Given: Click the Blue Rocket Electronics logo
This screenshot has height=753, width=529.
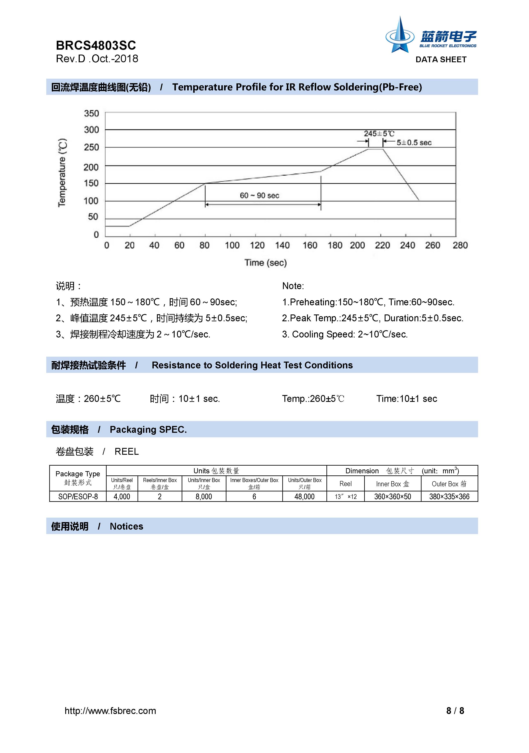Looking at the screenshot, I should [x=431, y=35].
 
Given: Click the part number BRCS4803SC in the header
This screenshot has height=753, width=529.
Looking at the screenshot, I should [x=96, y=45].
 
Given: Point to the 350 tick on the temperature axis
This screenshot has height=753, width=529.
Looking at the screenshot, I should [x=91, y=113].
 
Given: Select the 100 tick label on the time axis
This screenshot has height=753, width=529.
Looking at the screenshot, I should [x=232, y=245].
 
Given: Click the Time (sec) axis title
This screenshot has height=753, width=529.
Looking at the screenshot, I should [x=265, y=263].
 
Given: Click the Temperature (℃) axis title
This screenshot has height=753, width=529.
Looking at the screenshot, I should [x=62, y=173].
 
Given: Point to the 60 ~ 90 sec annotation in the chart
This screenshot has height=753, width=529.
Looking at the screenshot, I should [x=259, y=195].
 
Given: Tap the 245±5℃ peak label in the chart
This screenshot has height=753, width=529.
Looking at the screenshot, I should [x=379, y=133].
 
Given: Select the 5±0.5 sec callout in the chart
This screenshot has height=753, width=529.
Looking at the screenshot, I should [x=414, y=143].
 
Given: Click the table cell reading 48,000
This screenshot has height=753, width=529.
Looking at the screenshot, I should [x=304, y=497].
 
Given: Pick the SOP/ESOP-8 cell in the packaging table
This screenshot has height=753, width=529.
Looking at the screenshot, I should [x=78, y=497].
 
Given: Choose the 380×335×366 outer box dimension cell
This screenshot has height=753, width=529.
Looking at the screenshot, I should [x=449, y=497].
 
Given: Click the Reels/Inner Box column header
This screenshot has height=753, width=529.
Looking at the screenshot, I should [x=160, y=483].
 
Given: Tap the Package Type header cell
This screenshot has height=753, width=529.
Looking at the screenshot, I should [x=78, y=478].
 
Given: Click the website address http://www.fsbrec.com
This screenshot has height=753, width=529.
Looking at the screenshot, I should [x=110, y=711].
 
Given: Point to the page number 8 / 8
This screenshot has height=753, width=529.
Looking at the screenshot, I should [x=455, y=711].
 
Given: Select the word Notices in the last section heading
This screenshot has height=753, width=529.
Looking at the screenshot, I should [x=126, y=526].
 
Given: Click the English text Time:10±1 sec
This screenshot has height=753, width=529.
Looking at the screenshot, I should [x=406, y=399].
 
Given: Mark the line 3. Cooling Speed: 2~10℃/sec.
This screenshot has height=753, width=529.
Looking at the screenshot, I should [x=345, y=334].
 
